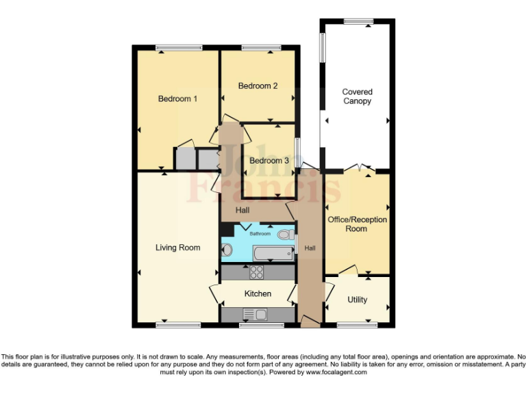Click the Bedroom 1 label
pyautogui.click(x=177, y=98)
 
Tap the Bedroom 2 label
pyautogui.click(x=258, y=86)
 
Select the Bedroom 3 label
pyautogui.click(x=268, y=161)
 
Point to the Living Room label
pyautogui.click(x=177, y=248)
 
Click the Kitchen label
pyautogui.click(x=258, y=293)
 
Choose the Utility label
pyautogui.click(x=357, y=300)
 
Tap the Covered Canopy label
pyautogui.click(x=358, y=96)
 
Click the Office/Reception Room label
pyautogui.click(x=357, y=224)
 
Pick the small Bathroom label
pyautogui.click(x=259, y=234)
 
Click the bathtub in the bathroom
pyautogui.click(x=273, y=254)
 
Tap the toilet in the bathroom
pyautogui.click(x=285, y=235)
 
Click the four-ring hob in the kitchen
pyautogui.click(x=257, y=272)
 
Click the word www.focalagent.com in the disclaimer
pyautogui.click(x=337, y=373)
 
